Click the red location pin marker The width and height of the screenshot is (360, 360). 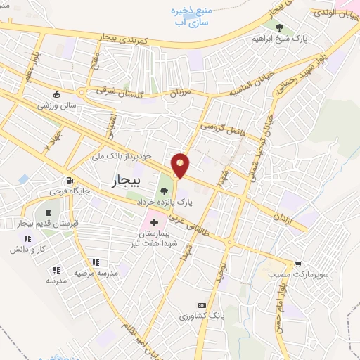(x=181, y=166)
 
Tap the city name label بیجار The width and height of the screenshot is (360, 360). (x=127, y=182)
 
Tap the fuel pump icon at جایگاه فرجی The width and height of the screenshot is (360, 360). (x=69, y=180)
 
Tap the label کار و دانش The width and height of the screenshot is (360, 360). (x=28, y=249)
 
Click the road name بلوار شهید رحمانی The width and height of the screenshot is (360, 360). (x=323, y=67)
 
